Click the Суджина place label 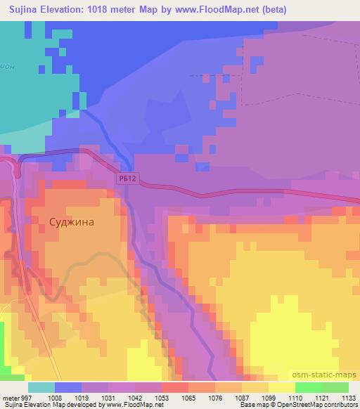(72, 220)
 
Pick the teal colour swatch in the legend (41, 387)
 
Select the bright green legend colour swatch (308, 387)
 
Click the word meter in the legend (11, 396)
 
